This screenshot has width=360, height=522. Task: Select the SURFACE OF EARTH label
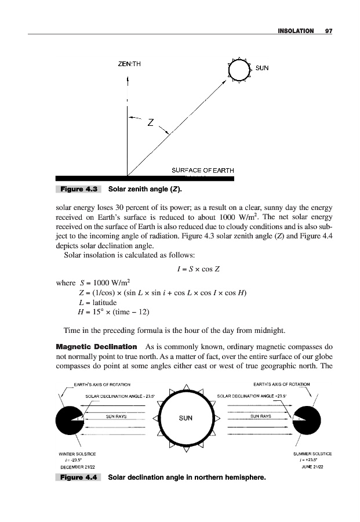[x=202, y=170]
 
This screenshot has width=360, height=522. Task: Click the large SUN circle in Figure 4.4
[x=185, y=418]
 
